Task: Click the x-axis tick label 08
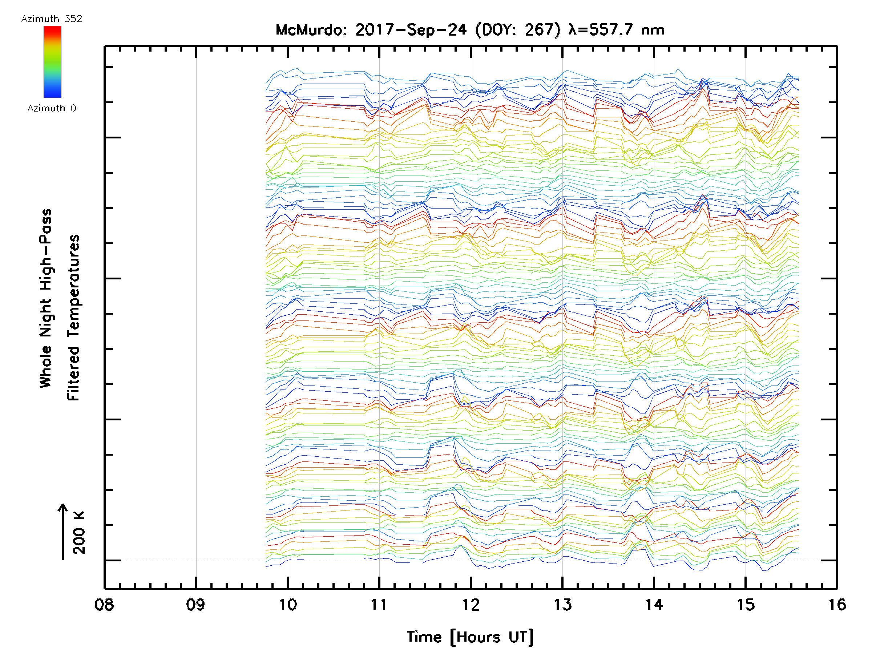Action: (104, 605)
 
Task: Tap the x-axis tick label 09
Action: (195, 605)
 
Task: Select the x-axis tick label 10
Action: (288, 605)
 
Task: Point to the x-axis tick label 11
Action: (379, 605)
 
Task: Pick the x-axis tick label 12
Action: (471, 605)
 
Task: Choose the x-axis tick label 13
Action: (562, 605)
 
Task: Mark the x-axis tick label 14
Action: (654, 605)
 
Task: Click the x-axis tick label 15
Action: (746, 605)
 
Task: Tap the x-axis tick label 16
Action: (836, 605)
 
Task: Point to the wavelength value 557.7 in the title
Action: (611, 30)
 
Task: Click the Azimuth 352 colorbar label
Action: (52, 19)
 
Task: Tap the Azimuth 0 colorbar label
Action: (52, 108)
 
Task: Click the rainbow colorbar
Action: (52, 62)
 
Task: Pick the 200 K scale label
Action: (79, 533)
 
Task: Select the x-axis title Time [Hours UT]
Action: (470, 637)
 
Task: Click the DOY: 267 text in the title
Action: (518, 30)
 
